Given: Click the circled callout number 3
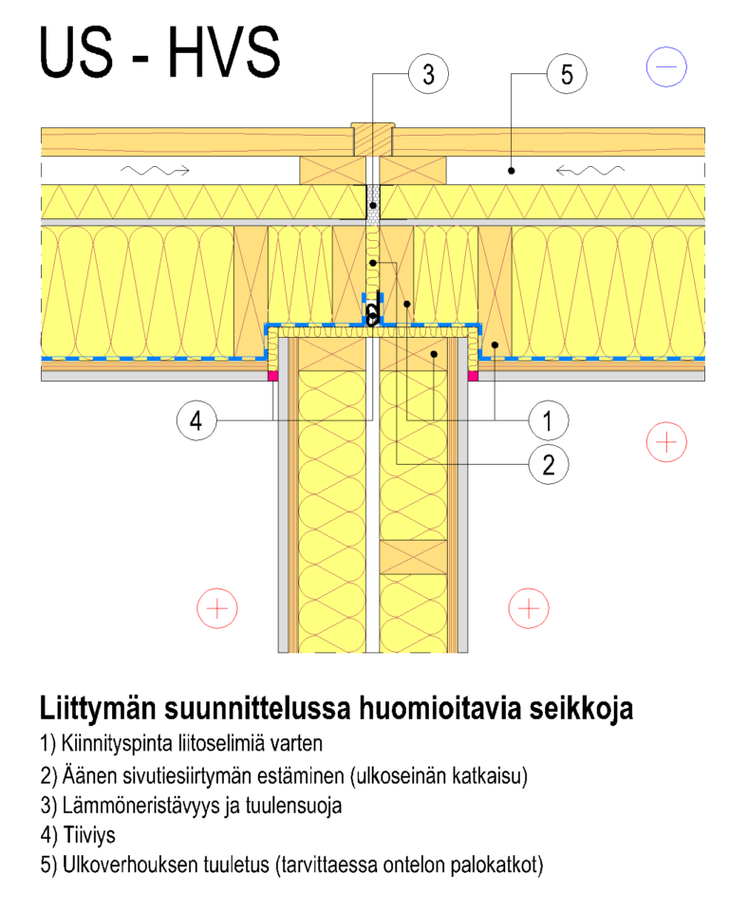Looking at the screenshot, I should pos(428,74).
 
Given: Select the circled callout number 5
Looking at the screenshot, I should pos(567,74).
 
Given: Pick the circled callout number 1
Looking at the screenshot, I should pos(548,418).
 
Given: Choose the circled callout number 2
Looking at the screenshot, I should pos(548,464).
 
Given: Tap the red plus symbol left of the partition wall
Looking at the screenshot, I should pos(217,608).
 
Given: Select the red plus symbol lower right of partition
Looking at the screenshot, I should pos(529,608).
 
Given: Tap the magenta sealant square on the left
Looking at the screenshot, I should pos(271,376).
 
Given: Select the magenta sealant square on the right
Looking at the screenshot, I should pos(473,376).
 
